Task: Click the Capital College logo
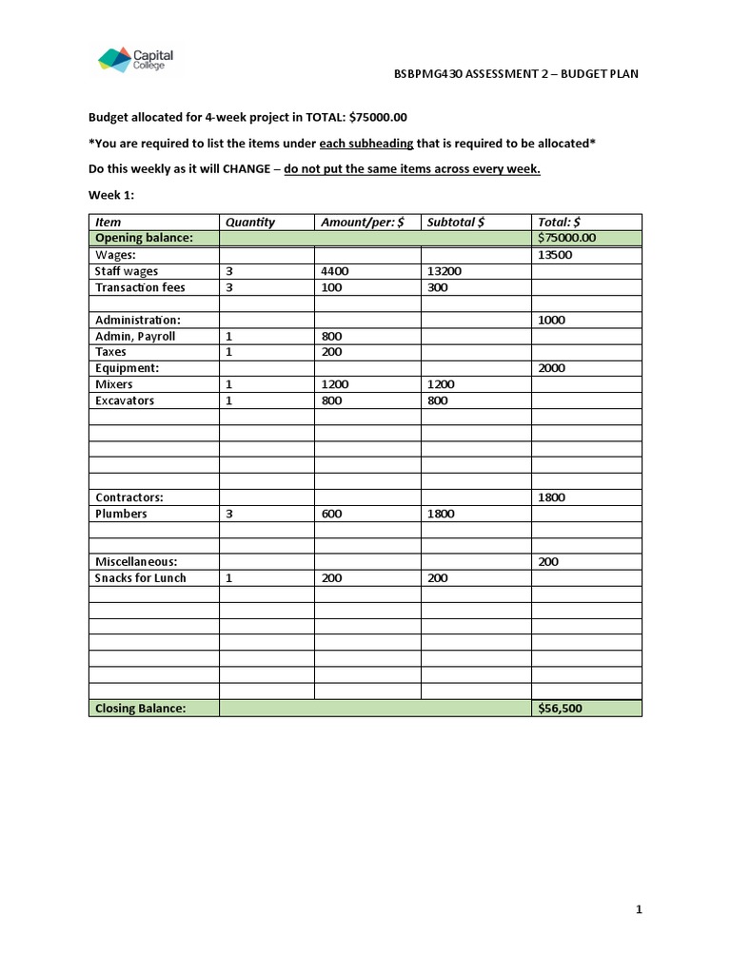point(135,60)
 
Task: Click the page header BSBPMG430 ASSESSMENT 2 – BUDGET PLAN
point(516,74)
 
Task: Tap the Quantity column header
point(249,222)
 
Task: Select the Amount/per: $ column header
point(363,222)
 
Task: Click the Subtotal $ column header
point(456,222)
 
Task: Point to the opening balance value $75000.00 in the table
point(567,238)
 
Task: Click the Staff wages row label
point(127,271)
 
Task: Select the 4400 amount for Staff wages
point(335,271)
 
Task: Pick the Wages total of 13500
point(555,255)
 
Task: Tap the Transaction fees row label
point(140,287)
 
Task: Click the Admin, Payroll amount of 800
point(331,336)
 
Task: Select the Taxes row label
point(110,352)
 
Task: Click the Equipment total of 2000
point(552,368)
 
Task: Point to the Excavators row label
point(125,400)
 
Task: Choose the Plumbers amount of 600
point(331,514)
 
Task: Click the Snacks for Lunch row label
point(141,578)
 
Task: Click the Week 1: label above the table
point(111,194)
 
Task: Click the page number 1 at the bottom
point(640,910)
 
